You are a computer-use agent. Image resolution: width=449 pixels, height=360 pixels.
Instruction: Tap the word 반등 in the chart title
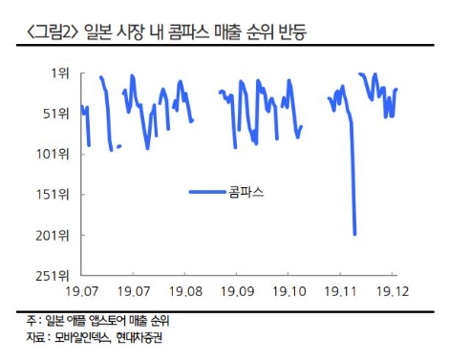tap(300, 34)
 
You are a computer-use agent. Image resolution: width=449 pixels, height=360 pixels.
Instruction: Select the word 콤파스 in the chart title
tap(179, 34)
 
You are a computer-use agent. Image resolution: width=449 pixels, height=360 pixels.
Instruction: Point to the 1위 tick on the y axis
tap(60, 73)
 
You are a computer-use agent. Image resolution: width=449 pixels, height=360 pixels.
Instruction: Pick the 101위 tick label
tap(54, 154)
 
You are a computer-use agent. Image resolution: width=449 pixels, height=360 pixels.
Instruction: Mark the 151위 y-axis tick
tap(54, 194)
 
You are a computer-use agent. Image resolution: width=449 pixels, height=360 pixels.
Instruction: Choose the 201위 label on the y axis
tap(54, 235)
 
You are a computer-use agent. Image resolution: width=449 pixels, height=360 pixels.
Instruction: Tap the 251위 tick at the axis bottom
tap(54, 275)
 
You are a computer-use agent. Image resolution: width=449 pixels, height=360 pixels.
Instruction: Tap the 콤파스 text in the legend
tap(246, 192)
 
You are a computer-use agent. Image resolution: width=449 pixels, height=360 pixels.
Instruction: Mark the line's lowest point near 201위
tap(354, 233)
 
